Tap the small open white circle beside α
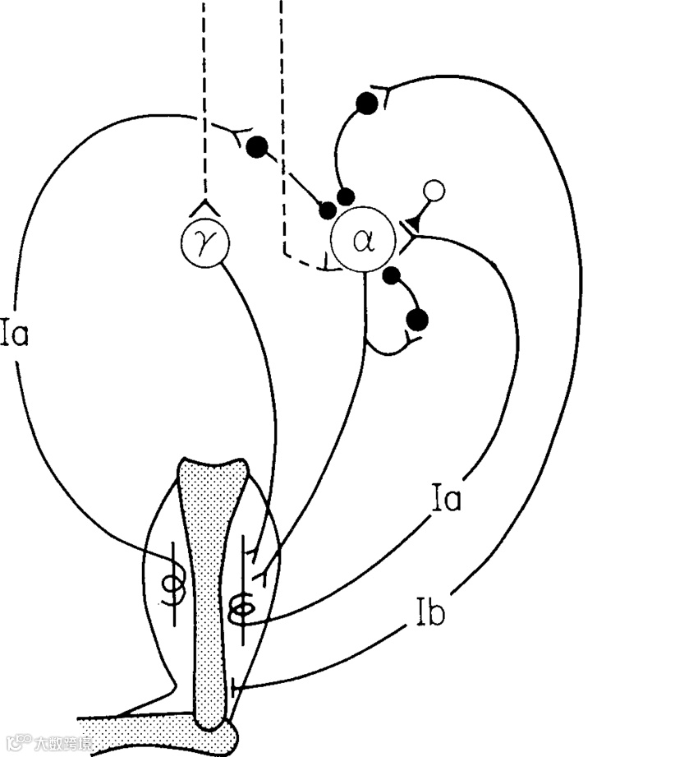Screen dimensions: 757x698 pos(434,192)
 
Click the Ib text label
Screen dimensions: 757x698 pos(428,614)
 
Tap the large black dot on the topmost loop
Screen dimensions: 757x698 pos(367,103)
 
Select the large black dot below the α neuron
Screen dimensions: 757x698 pos(418,319)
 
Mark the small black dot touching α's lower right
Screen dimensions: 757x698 pos(391,275)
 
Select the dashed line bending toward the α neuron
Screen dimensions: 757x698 pos(283,164)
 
